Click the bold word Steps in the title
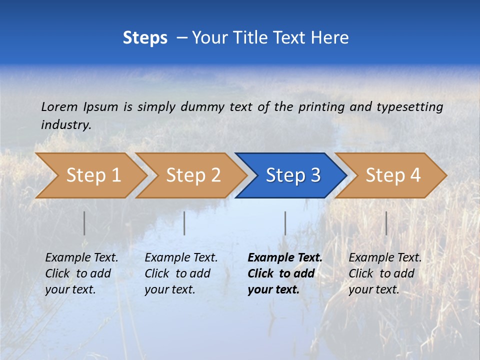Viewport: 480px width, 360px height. [x=145, y=38]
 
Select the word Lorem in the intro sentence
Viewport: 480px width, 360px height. [x=59, y=107]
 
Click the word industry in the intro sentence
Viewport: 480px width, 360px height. [x=65, y=125]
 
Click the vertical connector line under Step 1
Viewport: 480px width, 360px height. [x=84, y=223]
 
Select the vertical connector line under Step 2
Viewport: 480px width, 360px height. [x=184, y=223]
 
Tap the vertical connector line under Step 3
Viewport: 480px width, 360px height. [x=285, y=223]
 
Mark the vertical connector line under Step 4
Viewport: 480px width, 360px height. [x=386, y=223]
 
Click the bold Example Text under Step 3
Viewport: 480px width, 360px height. [x=285, y=258]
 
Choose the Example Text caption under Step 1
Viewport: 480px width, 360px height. [x=81, y=258]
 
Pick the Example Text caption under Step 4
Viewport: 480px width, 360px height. [x=385, y=258]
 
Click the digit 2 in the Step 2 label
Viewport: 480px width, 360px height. [x=215, y=175]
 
